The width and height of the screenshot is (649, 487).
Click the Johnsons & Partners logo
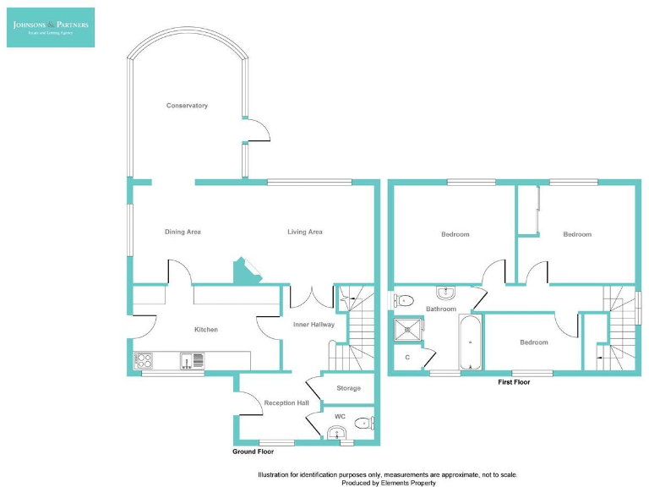(x=51, y=27)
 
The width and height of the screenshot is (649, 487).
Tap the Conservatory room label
(x=187, y=106)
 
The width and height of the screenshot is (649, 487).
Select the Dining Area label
(x=183, y=232)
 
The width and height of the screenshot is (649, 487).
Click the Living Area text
(x=305, y=232)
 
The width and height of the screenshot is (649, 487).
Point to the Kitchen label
(x=206, y=330)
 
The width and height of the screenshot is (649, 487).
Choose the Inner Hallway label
(x=314, y=324)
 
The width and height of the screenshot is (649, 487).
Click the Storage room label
(x=348, y=388)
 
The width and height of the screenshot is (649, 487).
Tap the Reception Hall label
(x=286, y=403)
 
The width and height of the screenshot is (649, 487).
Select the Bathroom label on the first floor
(x=440, y=309)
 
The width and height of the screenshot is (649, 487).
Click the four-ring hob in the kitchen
(x=143, y=361)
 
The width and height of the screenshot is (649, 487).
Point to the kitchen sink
(x=191, y=361)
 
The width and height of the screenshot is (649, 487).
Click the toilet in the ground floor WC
(x=364, y=424)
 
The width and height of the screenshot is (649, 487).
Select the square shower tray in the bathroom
(x=410, y=330)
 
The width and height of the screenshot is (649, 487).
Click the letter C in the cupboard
(x=407, y=358)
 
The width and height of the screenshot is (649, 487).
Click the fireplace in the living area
(x=248, y=271)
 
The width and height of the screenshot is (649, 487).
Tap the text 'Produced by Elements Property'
(x=389, y=483)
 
